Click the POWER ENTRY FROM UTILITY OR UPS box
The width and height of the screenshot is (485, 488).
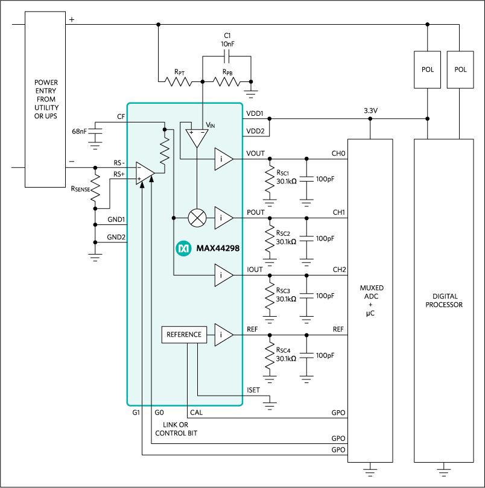[x=45, y=100]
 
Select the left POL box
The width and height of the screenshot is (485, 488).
[x=427, y=69]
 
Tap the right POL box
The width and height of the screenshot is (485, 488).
[x=460, y=69]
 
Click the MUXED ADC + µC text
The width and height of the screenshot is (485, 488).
[x=370, y=301]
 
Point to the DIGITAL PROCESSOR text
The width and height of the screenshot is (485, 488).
[x=444, y=300]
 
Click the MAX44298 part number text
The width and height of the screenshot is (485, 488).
[x=218, y=248]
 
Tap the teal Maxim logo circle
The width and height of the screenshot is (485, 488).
[x=183, y=248]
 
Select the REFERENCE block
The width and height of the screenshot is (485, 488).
[x=184, y=334]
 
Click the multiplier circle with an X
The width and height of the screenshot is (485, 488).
[x=197, y=218]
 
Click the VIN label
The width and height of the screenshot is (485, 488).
[x=211, y=125]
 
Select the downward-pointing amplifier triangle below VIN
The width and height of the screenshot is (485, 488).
[x=196, y=137]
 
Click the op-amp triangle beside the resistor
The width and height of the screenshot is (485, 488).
[x=145, y=173]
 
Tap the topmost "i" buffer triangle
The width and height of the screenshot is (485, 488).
[x=223, y=159]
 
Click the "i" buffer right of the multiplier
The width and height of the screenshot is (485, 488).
[x=223, y=218]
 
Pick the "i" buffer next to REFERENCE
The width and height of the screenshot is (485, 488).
[x=223, y=334]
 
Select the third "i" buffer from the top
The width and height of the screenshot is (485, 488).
[x=223, y=275]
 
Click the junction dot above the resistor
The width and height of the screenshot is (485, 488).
[x=164, y=129]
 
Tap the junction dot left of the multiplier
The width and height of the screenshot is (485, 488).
[x=174, y=218]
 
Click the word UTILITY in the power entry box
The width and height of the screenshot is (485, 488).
[x=46, y=107]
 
